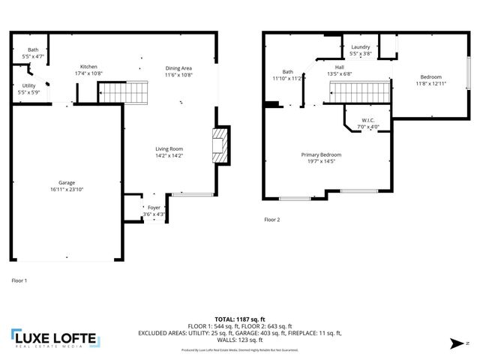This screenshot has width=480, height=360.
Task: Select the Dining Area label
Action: [179, 68]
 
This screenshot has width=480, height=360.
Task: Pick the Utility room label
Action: [28, 85]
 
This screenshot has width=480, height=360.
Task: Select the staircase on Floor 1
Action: [125, 92]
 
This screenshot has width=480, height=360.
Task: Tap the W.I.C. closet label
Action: [367, 120]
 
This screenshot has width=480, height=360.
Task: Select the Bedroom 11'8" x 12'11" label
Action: [430, 77]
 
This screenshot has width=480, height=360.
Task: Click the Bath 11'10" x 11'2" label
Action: [287, 72]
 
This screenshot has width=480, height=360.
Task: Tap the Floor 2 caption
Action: [271, 220]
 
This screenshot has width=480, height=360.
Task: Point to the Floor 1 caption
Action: [19, 280]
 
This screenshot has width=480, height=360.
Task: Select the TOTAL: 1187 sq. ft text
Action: [239, 319]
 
